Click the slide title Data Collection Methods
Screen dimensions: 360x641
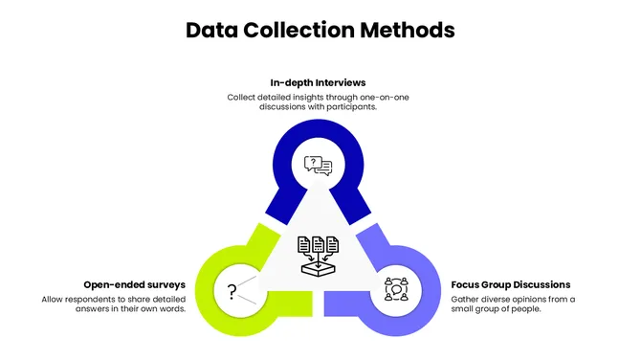pos(320,31)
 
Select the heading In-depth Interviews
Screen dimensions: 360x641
pos(319,82)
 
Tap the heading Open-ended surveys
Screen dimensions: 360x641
pos(133,284)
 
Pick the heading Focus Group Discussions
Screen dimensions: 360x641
pos(511,284)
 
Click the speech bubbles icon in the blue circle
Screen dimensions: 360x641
pos(319,166)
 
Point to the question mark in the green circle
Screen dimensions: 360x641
pos(232,292)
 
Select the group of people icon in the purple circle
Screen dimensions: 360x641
pos(397,288)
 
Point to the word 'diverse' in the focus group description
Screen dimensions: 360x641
pos(496,299)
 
